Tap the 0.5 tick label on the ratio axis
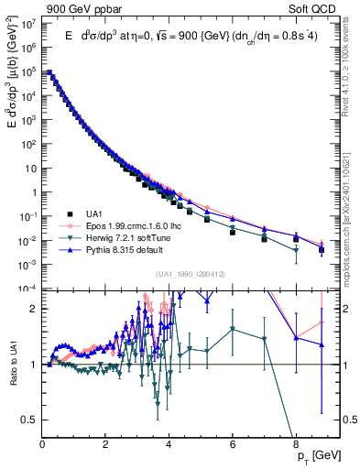27,420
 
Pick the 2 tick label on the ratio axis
33,310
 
